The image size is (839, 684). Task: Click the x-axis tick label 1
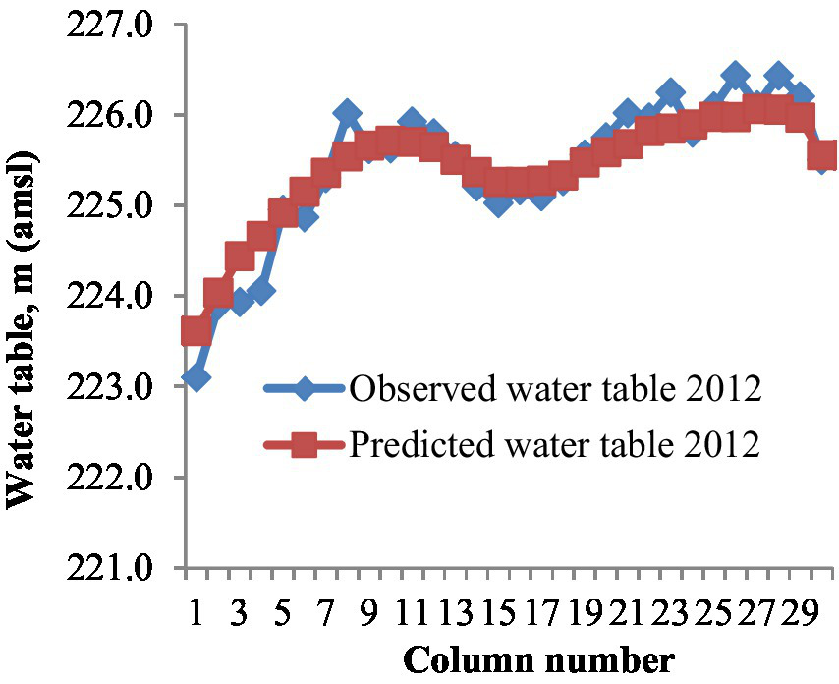click(x=196, y=615)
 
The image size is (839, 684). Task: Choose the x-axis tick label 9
click(x=368, y=615)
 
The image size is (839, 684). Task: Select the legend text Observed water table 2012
click(x=555, y=388)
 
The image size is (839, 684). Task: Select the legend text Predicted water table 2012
click(x=555, y=445)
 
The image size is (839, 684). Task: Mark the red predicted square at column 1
click(x=196, y=332)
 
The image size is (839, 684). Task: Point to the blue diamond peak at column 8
click(x=347, y=113)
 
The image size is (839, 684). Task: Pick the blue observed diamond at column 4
click(x=260, y=291)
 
